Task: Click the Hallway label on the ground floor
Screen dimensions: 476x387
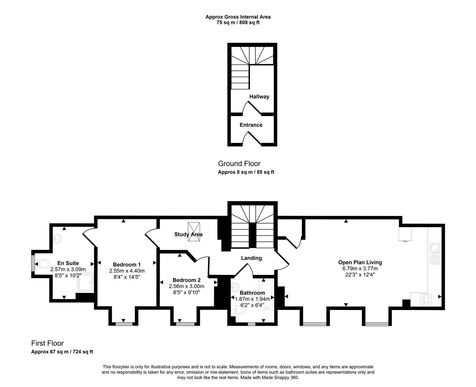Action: coord(259,97)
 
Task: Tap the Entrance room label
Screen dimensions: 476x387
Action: coord(251,125)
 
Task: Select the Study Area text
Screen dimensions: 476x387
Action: coord(188,234)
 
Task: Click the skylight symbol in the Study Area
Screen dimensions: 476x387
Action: coord(194,231)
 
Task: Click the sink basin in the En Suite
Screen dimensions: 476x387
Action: coord(58,239)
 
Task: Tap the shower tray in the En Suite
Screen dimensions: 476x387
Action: coord(85,282)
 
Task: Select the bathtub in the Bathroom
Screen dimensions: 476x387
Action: coord(266,295)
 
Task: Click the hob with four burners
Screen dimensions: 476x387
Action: coord(426,299)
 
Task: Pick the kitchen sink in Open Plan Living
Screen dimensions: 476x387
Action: coord(435,253)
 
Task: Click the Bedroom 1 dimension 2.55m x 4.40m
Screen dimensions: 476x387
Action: coord(127,271)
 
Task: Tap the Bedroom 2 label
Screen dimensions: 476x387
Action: coord(186,280)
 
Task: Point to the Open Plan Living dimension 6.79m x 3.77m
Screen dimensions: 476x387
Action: coord(360,268)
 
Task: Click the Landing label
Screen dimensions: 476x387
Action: coord(251,258)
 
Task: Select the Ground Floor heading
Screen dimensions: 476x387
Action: coord(239,164)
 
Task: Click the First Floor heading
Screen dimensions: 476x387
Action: coord(47,343)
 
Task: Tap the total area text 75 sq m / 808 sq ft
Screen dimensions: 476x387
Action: coord(238,23)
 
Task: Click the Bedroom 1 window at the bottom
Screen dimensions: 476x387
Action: coord(124,324)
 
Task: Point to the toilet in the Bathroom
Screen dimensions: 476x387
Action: coord(239,310)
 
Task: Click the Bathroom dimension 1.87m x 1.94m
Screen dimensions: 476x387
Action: coord(252,299)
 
